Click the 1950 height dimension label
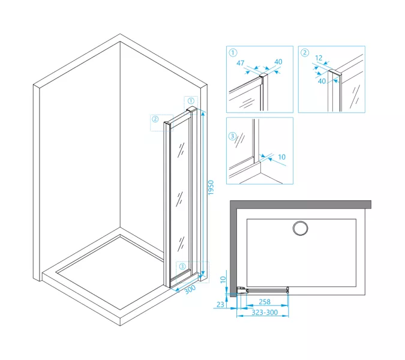click(211, 187)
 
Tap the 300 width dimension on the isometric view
click(190, 289)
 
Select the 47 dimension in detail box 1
click(241, 63)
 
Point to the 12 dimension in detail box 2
click(319, 58)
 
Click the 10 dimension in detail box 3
click(281, 157)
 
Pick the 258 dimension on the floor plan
click(265, 302)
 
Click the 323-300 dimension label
click(265, 313)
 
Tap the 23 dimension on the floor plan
click(220, 305)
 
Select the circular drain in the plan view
click(300, 228)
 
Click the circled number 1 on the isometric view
click(191, 101)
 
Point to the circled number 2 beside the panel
click(155, 119)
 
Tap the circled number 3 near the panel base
click(182, 266)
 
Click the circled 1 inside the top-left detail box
click(233, 53)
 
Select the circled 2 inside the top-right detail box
click(305, 53)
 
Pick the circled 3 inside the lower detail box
click(232, 136)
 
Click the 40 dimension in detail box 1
click(278, 62)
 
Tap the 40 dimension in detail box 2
click(322, 81)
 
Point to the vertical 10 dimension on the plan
click(223, 280)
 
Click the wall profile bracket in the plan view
click(242, 291)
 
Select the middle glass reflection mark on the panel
click(179, 199)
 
